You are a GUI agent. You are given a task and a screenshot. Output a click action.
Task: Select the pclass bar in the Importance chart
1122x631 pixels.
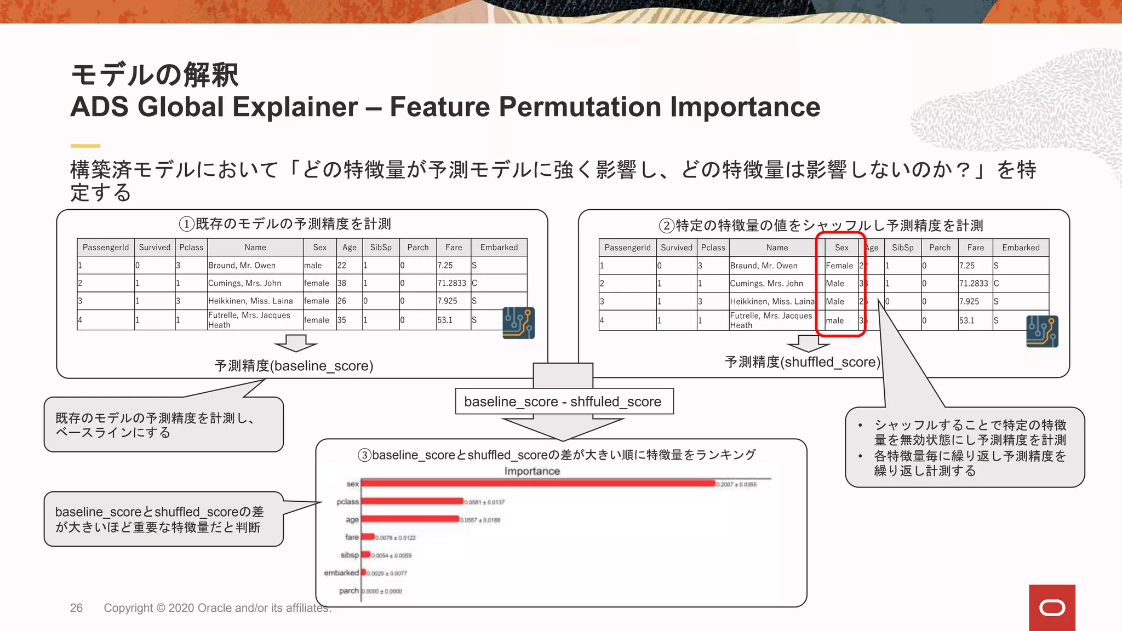pos(412,501)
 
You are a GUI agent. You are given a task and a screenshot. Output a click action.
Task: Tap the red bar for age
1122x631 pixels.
pos(410,519)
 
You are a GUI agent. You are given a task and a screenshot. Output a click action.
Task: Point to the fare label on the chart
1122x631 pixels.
pos(352,537)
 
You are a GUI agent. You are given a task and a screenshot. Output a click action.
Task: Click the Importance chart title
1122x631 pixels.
pos(532,471)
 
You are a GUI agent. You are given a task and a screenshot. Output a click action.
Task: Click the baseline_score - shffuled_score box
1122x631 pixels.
pos(563,401)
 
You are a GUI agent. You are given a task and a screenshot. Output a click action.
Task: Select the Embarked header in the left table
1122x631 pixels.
pos(499,247)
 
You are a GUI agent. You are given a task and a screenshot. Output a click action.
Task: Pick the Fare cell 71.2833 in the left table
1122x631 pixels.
pos(451,283)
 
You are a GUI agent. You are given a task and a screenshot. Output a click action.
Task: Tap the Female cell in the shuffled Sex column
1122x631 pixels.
pos(839,266)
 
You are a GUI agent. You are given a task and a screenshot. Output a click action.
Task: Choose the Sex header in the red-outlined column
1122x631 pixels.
pos(841,248)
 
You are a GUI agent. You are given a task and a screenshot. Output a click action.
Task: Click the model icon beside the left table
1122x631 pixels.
pos(518,323)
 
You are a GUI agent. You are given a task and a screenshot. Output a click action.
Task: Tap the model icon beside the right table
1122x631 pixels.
pos(1041,331)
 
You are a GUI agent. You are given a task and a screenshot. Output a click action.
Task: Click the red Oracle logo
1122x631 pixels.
pos(1052,607)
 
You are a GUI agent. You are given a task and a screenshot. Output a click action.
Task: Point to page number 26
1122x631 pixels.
pos(76,608)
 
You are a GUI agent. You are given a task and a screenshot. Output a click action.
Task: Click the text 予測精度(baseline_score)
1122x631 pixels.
pos(294,366)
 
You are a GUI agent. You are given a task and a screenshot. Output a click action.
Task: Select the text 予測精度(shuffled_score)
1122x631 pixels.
pos(802,362)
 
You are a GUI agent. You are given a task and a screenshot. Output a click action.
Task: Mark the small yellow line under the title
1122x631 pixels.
pos(85,146)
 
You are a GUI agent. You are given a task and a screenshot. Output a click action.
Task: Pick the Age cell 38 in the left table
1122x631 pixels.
pos(341,283)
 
